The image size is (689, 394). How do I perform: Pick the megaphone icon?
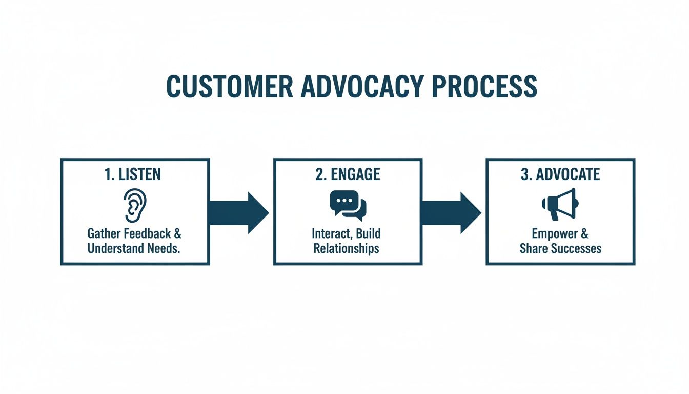(560, 204)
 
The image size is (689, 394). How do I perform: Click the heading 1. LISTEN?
(133, 174)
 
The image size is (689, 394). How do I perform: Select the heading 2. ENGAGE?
(348, 174)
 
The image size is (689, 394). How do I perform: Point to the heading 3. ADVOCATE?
(560, 174)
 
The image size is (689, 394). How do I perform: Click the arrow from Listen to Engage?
(238, 212)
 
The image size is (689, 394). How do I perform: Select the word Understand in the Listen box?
(114, 248)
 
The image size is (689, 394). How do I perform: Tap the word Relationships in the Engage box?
(347, 248)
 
